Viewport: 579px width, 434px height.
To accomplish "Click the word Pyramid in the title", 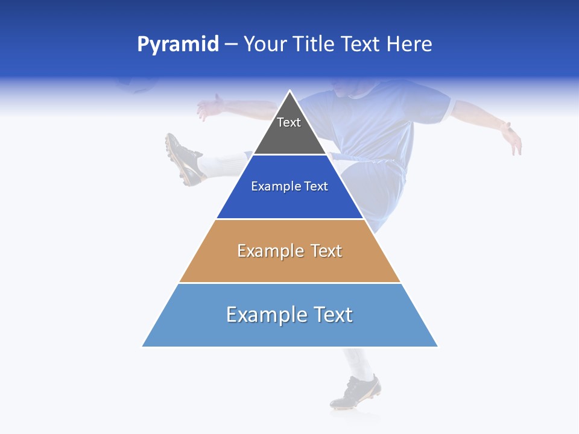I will (177, 45).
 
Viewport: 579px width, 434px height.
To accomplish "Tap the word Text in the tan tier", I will (326, 251).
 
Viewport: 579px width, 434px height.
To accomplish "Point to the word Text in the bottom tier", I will (333, 315).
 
